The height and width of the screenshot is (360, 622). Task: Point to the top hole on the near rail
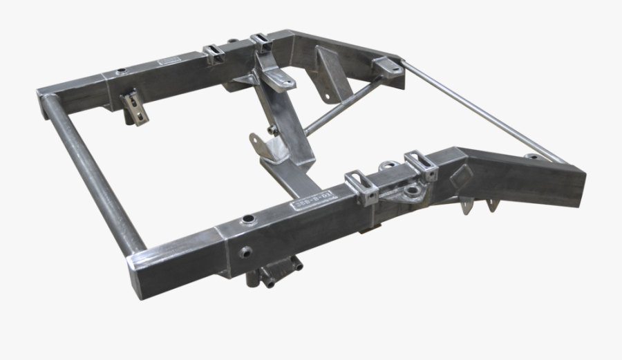[x=245, y=220]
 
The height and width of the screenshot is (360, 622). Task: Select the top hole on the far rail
[x=122, y=70]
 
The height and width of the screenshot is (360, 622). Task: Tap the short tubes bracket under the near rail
[x=275, y=272]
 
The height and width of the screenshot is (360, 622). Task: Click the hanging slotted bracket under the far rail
[x=133, y=108]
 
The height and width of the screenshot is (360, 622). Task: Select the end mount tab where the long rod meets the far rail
[x=389, y=66]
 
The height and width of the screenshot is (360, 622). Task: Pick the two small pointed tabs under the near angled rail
[x=480, y=205]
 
